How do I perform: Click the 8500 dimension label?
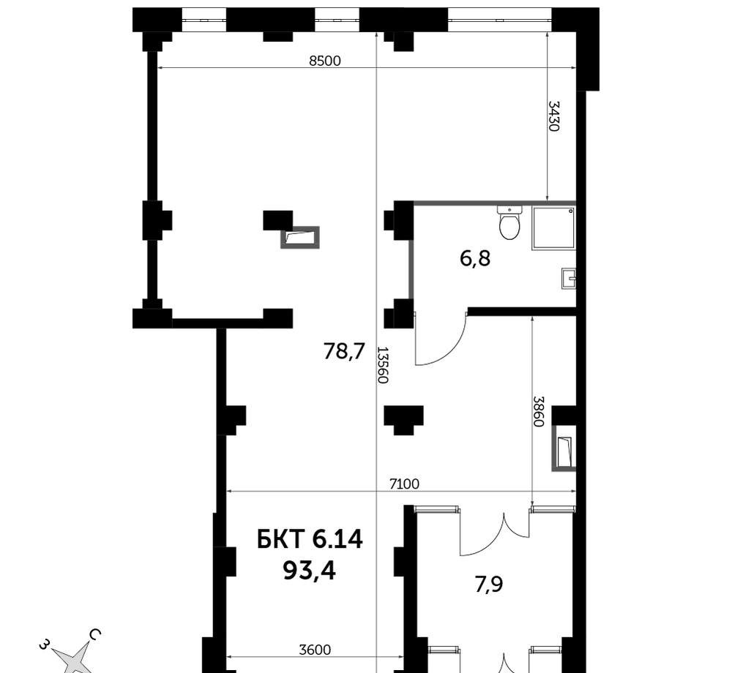point(325,61)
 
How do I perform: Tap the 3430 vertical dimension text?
point(553,116)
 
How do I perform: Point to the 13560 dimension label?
point(383,365)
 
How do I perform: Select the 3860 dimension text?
point(539,411)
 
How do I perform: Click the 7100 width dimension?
point(404,484)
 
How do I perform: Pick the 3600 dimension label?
point(315,650)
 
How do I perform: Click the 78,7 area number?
point(343,351)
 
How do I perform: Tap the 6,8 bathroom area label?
point(475,258)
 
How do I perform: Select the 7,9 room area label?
point(489,584)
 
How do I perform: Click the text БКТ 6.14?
point(310,540)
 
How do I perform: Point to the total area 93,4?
point(310,571)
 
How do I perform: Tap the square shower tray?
point(553,228)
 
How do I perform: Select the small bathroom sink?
point(568,279)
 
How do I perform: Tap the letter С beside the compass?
point(94,635)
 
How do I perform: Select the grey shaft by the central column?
point(300,238)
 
